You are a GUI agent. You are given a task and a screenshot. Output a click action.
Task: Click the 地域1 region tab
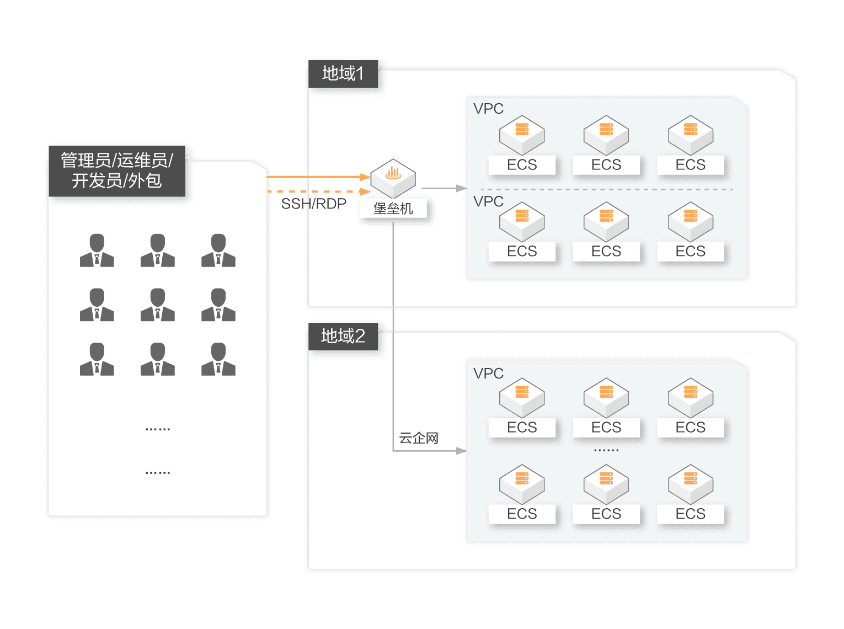click(x=343, y=73)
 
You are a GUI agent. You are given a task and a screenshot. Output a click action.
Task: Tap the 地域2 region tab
click(x=343, y=336)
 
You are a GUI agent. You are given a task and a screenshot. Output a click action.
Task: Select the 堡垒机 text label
click(x=393, y=209)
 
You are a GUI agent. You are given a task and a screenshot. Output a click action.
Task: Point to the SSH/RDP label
click(x=313, y=204)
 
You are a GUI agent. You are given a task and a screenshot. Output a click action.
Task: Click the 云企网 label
click(x=419, y=439)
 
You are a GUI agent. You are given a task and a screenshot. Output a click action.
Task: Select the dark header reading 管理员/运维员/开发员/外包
click(x=117, y=170)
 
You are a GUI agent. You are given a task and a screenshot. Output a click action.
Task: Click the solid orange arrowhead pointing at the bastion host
click(x=365, y=177)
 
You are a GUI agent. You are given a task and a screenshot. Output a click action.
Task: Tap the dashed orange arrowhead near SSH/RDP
click(x=365, y=191)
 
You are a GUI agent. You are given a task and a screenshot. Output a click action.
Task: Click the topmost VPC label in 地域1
click(x=488, y=109)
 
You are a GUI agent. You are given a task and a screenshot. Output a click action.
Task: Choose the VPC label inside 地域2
click(x=488, y=374)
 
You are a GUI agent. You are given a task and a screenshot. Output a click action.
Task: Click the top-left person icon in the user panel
click(x=97, y=250)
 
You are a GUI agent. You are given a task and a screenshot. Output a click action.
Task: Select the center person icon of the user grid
click(x=158, y=305)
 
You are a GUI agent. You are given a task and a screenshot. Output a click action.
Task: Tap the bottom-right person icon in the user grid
click(x=218, y=359)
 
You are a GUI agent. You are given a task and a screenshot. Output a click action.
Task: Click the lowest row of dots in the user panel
click(x=158, y=473)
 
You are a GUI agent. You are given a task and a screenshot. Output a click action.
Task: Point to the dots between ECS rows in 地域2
click(x=606, y=450)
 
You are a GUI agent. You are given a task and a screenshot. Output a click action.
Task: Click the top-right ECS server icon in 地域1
click(x=691, y=134)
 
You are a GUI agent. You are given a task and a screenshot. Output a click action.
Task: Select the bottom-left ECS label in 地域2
click(x=522, y=514)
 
